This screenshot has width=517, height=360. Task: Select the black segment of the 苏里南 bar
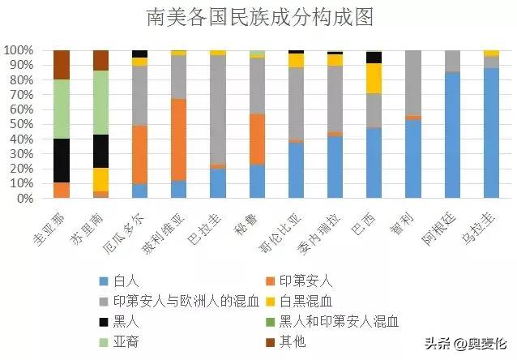pos(100,151)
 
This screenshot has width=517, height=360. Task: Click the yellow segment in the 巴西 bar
pos(374,78)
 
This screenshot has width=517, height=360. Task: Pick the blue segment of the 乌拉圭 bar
pos(491,133)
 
